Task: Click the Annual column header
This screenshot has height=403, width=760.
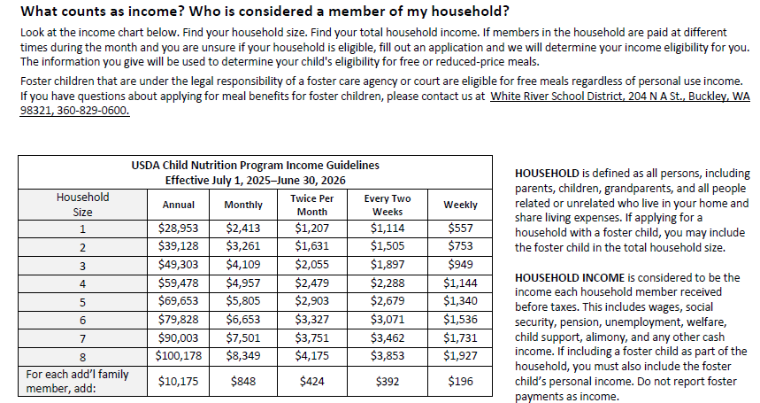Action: [x=180, y=205]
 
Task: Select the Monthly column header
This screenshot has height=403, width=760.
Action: [x=243, y=205]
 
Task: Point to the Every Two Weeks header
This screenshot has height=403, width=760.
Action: [x=388, y=205]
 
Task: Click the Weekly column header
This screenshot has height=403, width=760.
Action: [x=460, y=205]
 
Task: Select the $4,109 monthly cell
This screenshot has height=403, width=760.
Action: [x=243, y=266]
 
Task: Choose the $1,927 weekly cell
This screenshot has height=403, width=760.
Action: [x=460, y=357]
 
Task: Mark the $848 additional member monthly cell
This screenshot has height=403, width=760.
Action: [x=243, y=382]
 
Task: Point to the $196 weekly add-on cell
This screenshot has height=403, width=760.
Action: [x=460, y=382]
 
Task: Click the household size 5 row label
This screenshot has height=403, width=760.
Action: [x=82, y=302]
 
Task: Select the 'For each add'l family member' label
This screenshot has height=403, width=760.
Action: [x=78, y=382]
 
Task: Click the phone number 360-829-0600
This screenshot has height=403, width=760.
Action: [x=89, y=111]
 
